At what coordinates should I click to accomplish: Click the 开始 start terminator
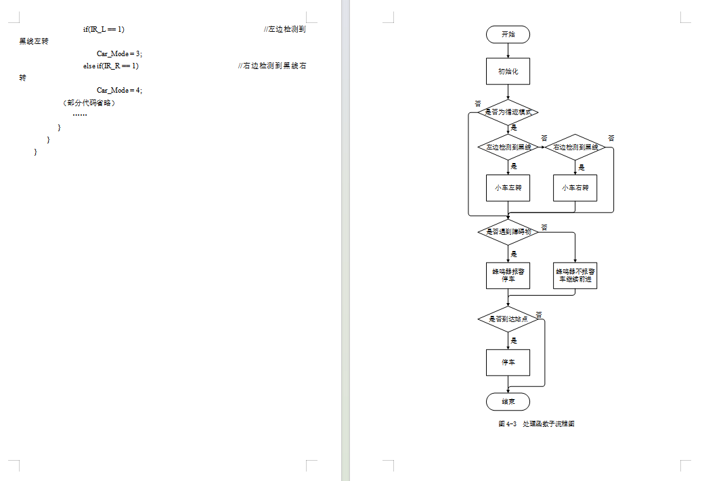click(508, 34)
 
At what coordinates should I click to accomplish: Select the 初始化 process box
click(508, 71)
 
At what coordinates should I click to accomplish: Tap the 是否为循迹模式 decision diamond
click(508, 112)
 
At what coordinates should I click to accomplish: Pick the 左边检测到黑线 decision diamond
click(508, 147)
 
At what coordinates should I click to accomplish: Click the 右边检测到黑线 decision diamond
click(575, 147)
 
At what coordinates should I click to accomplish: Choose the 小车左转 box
click(508, 188)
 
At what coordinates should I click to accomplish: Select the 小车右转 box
click(575, 188)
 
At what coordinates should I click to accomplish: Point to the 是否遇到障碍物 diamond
click(508, 231)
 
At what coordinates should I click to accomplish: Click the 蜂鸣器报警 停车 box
click(508, 275)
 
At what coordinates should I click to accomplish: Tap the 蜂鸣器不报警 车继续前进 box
click(575, 275)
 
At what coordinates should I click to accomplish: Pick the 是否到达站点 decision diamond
click(508, 319)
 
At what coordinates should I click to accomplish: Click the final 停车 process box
click(508, 363)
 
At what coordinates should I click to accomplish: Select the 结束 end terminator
click(508, 401)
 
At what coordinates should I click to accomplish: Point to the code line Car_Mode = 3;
click(119, 53)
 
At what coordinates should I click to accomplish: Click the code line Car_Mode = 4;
click(119, 90)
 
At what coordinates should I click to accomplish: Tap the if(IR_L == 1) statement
click(104, 29)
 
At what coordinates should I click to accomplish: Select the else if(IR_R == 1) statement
click(111, 66)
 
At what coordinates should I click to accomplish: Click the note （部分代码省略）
click(88, 103)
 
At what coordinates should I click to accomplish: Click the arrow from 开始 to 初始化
click(508, 50)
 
